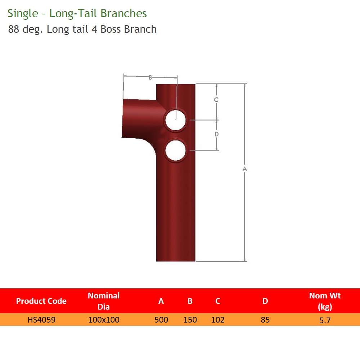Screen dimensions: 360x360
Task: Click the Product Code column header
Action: (41, 301)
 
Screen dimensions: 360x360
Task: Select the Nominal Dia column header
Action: (104, 301)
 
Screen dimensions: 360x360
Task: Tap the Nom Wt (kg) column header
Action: (325, 301)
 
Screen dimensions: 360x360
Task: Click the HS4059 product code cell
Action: (41, 320)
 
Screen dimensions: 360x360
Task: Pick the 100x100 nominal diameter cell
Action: (104, 320)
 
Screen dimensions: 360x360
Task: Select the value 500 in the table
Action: (161, 320)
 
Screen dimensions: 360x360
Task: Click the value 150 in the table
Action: (190, 320)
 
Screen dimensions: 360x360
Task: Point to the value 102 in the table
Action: (218, 320)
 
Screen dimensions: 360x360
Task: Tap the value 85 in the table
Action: (265, 320)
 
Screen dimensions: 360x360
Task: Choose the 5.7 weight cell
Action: (325, 320)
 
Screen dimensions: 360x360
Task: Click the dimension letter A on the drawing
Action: (245, 168)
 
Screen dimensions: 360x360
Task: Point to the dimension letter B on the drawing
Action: (150, 77)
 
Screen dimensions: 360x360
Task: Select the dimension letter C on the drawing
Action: (216, 100)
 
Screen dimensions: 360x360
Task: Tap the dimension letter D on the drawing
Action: (216, 134)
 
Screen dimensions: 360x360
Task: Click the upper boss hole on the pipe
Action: (175, 120)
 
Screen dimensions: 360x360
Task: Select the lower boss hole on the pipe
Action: (175, 150)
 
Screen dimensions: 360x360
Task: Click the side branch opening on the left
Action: (124, 118)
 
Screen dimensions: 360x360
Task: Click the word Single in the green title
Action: (22, 14)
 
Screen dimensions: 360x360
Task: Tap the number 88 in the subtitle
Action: (13, 29)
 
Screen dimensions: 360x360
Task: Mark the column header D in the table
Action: (265, 301)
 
